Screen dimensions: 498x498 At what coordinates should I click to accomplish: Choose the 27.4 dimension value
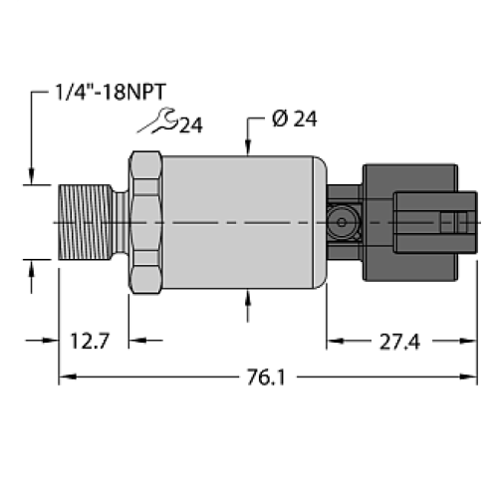(x=398, y=342)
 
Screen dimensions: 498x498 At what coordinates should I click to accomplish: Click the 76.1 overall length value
(x=264, y=377)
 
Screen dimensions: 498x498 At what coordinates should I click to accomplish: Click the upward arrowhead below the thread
(x=36, y=266)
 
